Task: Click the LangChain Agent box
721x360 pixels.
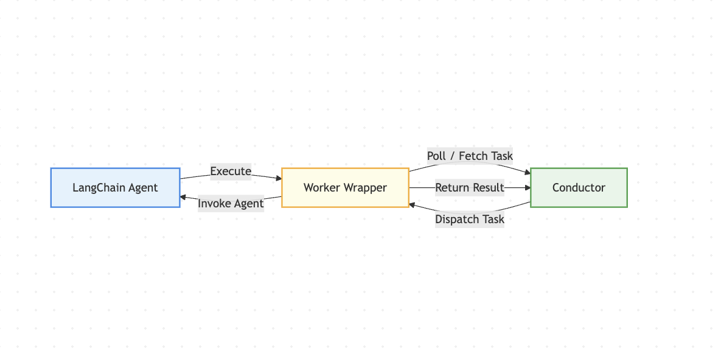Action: coord(115,187)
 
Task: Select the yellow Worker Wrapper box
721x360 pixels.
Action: coord(345,187)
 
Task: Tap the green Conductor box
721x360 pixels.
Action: coord(579,187)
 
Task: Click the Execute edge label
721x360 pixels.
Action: coord(231,171)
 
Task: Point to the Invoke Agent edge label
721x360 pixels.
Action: coord(231,203)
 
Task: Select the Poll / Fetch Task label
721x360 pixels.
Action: coord(470,156)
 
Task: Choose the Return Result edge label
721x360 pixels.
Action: coord(470,187)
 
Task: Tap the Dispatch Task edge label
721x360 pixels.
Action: coord(470,219)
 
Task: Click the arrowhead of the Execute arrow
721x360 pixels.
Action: coord(279,179)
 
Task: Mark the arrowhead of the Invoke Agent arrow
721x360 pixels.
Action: coord(183,197)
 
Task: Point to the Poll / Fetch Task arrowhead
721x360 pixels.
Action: coord(528,173)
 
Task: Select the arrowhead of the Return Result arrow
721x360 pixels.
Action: coord(527,187)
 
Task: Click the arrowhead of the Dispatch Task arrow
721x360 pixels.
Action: coord(413,205)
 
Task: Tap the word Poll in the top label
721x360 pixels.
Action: coord(436,156)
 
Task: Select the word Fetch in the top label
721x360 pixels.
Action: coord(473,156)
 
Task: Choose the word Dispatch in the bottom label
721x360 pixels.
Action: coord(456,219)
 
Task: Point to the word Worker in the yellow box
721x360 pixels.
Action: coord(320,187)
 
